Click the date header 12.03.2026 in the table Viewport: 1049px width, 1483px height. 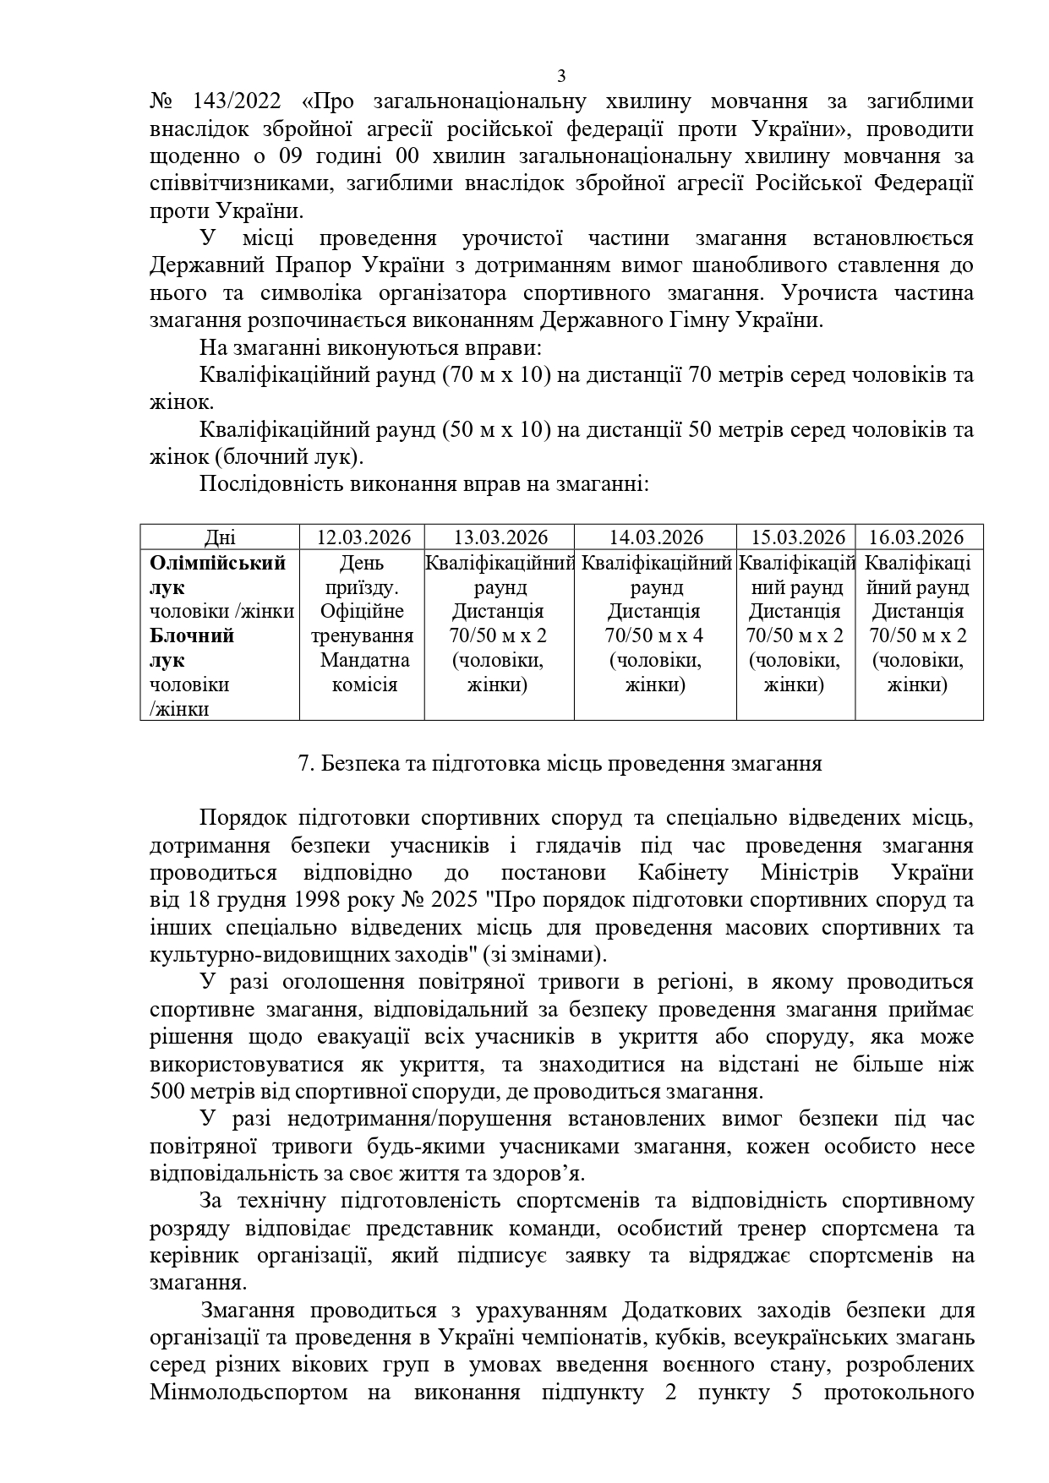pyautogui.click(x=363, y=537)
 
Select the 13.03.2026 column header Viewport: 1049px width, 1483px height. pyautogui.click(x=500, y=537)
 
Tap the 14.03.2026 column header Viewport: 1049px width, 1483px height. pyautogui.click(x=656, y=537)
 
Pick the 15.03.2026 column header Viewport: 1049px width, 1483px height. pyautogui.click(x=798, y=537)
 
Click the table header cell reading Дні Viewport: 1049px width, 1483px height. pyautogui.click(x=221, y=537)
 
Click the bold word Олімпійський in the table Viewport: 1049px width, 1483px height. pyautogui.click(x=218, y=563)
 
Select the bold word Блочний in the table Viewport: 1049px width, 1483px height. pyautogui.click(x=192, y=635)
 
